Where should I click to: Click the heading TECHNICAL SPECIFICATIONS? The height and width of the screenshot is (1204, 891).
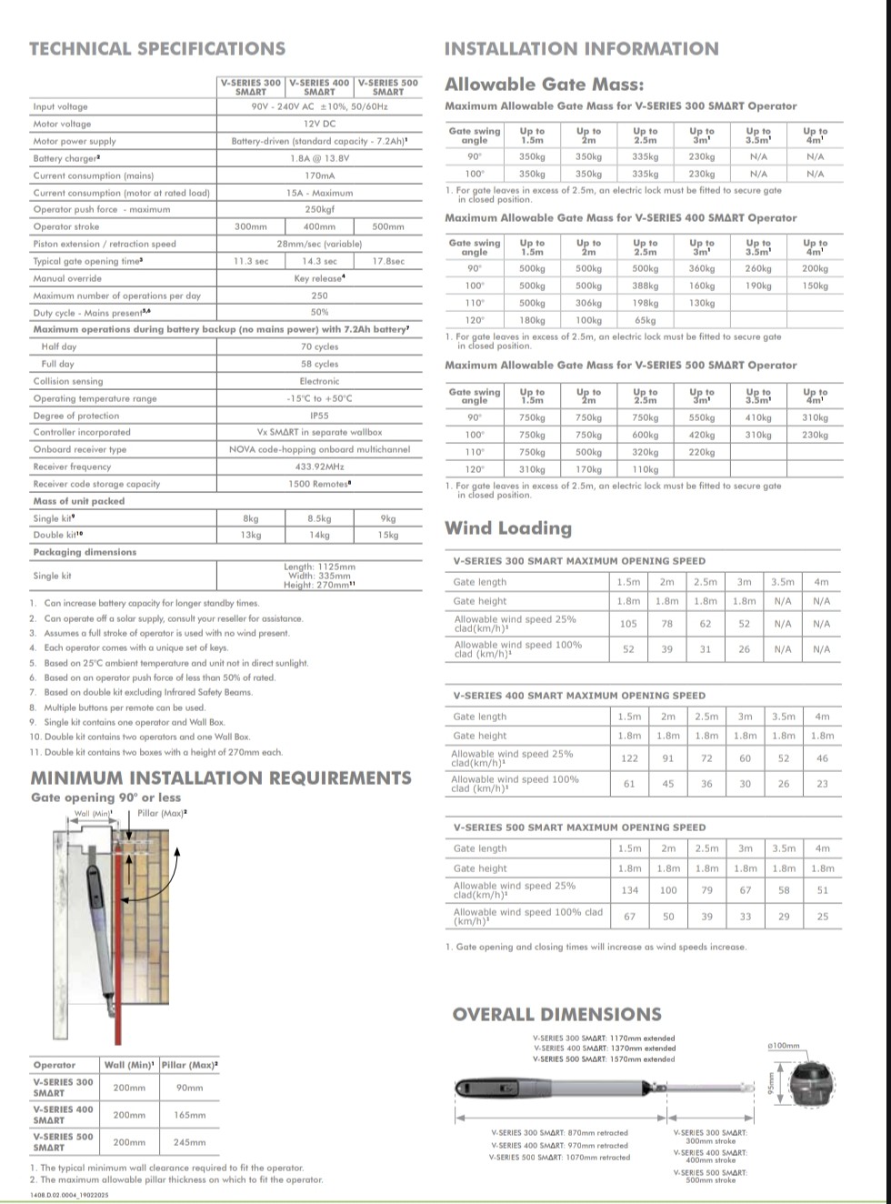(x=157, y=49)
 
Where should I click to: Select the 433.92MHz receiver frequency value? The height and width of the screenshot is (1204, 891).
(x=319, y=467)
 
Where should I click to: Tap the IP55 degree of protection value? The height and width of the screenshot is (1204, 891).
(x=319, y=416)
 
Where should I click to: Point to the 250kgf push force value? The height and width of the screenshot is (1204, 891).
(x=319, y=209)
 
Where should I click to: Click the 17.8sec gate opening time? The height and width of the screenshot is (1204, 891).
(x=388, y=261)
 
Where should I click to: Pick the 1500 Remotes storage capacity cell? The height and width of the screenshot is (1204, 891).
(x=319, y=484)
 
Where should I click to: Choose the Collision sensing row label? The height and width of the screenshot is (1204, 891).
(x=68, y=381)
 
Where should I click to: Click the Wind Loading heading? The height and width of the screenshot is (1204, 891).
(x=508, y=528)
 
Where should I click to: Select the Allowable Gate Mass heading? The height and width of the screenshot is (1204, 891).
(x=544, y=85)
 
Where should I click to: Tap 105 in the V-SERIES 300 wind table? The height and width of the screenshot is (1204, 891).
(x=628, y=624)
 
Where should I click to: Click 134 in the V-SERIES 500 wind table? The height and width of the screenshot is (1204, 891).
(x=629, y=890)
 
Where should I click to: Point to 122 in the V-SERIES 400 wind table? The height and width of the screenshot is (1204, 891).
(x=629, y=758)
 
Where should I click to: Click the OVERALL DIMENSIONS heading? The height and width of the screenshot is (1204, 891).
(x=556, y=1015)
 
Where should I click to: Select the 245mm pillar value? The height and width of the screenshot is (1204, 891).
(x=189, y=1142)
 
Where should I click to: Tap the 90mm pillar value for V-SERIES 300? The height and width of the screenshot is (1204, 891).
(x=189, y=1088)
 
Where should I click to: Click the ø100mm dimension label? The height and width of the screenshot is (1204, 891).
(x=784, y=1046)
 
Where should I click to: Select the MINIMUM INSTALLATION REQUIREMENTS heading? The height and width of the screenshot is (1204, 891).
(x=221, y=778)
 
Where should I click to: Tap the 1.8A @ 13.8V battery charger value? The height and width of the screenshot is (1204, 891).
(x=319, y=158)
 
